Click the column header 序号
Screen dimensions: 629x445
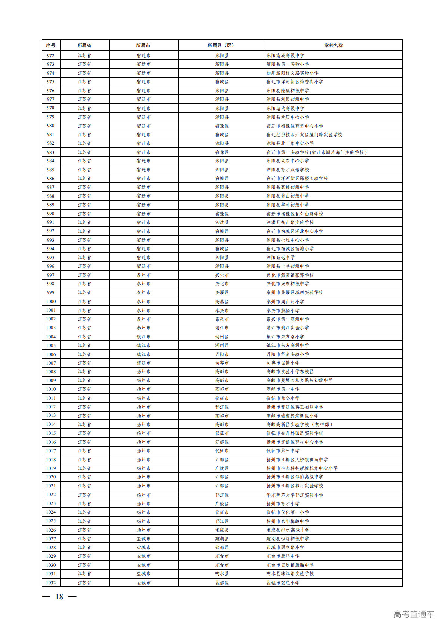[x=51, y=45]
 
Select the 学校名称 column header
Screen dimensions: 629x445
[x=334, y=45]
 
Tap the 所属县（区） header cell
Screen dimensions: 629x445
[x=222, y=45]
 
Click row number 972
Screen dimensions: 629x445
[x=51, y=55]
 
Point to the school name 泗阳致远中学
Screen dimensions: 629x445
[x=281, y=257]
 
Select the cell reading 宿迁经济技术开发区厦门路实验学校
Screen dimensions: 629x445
[x=304, y=134]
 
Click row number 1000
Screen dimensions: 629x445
[x=51, y=301]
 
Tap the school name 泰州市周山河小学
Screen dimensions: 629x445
[x=285, y=301]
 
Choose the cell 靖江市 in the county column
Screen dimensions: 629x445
[x=222, y=328]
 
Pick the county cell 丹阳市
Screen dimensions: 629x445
[x=222, y=354]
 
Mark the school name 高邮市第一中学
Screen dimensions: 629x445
[x=283, y=389]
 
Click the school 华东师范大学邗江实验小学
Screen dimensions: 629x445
[x=295, y=495]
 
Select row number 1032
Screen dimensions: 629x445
[x=51, y=583]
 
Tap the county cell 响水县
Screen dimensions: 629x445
[x=222, y=574]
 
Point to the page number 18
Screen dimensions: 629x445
[x=59, y=597]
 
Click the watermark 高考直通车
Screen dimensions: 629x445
[x=414, y=614]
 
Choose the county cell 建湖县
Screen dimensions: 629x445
[x=222, y=539]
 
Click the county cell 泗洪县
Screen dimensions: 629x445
[x=222, y=222]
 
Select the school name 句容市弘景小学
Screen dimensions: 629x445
[x=283, y=363]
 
